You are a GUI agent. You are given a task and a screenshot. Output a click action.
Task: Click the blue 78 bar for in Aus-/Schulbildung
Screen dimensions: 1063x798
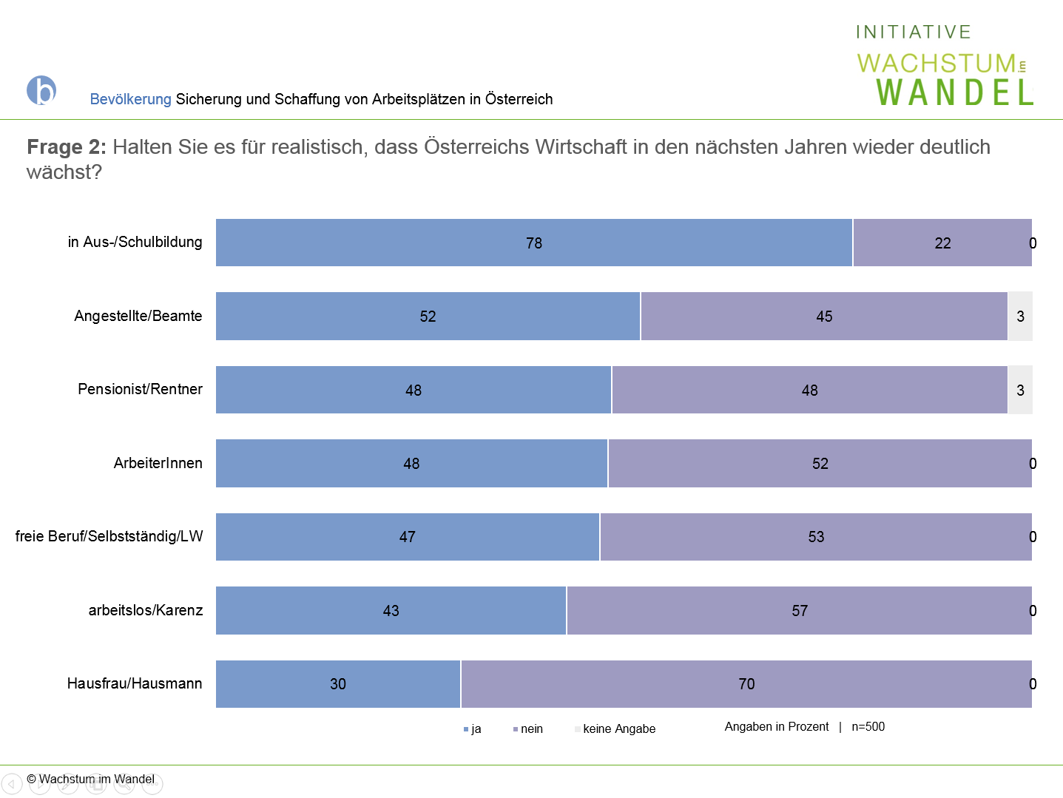[x=533, y=243]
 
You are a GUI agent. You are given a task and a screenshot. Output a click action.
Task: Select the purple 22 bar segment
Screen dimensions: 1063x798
[x=942, y=243]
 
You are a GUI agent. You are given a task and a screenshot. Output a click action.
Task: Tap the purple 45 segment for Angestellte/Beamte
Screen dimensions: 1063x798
[x=824, y=317]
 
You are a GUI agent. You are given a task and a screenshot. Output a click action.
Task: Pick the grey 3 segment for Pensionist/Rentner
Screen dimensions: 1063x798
[x=1020, y=390]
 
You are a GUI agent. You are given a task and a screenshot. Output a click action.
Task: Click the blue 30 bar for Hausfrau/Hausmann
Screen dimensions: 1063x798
[x=338, y=683]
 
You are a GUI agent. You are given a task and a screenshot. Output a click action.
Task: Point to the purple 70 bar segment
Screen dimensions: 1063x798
[x=747, y=683]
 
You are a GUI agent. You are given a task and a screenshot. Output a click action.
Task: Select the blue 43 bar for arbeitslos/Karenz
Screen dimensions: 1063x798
[x=391, y=611]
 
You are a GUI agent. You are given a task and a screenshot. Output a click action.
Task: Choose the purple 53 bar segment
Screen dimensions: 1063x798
[x=816, y=536]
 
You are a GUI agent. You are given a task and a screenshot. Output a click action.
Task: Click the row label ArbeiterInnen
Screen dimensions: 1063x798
[x=158, y=463]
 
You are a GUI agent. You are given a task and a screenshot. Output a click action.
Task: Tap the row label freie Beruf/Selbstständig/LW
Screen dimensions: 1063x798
[x=109, y=536]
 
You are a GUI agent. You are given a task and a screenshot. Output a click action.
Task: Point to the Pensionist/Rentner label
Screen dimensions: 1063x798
[x=140, y=389]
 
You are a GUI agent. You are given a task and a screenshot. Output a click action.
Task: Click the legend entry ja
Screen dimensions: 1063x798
[x=473, y=728]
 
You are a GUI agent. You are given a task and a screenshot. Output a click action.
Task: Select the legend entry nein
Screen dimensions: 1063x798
[x=528, y=728]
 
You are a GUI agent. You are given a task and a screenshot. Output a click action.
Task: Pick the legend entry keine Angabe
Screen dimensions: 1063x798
[x=615, y=728]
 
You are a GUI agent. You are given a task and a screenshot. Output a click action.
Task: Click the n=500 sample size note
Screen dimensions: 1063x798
[x=868, y=726]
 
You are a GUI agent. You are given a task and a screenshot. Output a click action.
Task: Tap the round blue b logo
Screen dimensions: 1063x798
[x=41, y=90]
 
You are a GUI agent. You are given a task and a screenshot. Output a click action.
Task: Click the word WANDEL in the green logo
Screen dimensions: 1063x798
[x=954, y=92]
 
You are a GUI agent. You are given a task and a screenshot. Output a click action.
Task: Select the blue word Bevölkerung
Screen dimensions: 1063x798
[x=130, y=99]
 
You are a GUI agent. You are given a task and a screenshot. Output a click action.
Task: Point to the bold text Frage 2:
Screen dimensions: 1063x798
[x=67, y=146]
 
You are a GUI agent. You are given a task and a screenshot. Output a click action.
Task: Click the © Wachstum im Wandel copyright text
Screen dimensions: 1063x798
[x=90, y=779]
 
